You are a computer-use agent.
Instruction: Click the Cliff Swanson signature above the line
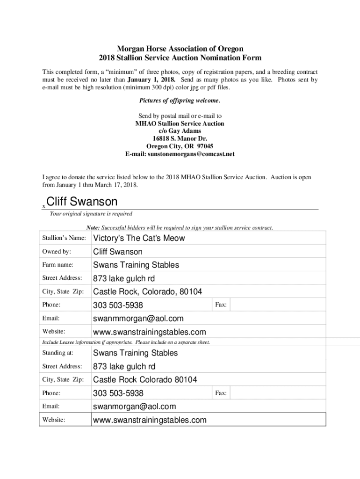82,202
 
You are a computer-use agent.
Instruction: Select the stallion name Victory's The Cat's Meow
139,238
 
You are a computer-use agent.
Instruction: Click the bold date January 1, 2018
149,80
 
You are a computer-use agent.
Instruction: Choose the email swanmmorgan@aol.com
138,319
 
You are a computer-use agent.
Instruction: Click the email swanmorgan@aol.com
135,406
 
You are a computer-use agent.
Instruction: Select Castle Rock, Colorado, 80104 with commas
147,292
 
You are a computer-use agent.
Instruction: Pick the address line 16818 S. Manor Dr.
180,138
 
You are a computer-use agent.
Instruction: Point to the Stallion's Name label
64,238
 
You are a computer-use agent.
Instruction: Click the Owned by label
56,252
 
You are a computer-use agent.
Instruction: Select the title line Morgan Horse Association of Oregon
180,49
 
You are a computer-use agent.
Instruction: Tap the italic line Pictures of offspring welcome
180,101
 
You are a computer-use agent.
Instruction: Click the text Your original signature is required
91,214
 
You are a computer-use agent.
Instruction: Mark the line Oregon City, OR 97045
180,146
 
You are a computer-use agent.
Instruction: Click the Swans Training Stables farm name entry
136,265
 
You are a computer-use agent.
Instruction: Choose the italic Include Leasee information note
126,342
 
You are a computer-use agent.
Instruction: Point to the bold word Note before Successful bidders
93,228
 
